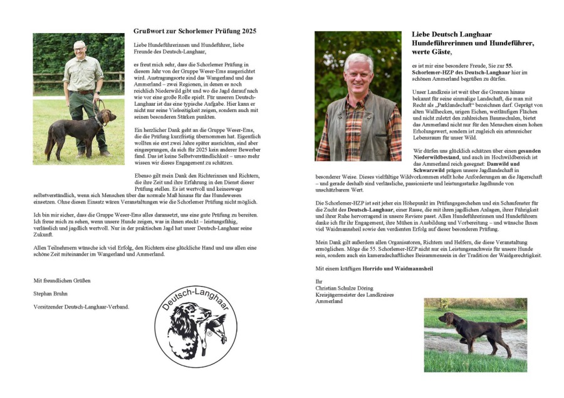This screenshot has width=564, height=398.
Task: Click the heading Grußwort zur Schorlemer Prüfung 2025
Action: click(x=195, y=31)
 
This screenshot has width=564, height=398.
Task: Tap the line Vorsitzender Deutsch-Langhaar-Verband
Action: click(x=81, y=307)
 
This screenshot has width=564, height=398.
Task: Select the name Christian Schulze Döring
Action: click(x=345, y=287)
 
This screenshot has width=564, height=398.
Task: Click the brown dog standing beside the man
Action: click(x=75, y=128)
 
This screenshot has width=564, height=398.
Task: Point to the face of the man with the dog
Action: click(x=79, y=49)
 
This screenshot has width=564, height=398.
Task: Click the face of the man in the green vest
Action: click(x=358, y=71)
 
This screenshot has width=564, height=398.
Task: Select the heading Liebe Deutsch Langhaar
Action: click(x=451, y=34)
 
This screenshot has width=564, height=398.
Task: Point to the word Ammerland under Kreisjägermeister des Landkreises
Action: click(x=329, y=301)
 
